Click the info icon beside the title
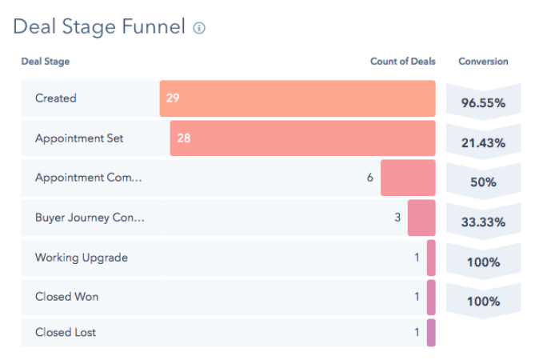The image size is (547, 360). pyautogui.click(x=199, y=28)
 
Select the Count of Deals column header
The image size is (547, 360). pyautogui.click(x=402, y=62)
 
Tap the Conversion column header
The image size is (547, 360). pyautogui.click(x=483, y=62)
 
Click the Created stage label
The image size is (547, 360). pyautogui.click(x=56, y=98)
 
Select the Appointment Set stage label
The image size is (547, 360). pyautogui.click(x=79, y=138)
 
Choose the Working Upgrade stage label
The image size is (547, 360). pyautogui.click(x=81, y=258)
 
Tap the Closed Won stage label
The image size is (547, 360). pyautogui.click(x=66, y=297)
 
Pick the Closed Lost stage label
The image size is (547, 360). pyautogui.click(x=66, y=332)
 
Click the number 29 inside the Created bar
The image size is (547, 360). pyautogui.click(x=174, y=98)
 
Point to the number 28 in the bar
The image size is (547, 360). pyautogui.click(x=184, y=138)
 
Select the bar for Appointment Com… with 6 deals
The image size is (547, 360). pyautogui.click(x=408, y=178)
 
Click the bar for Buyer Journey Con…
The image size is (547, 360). pyautogui.click(x=421, y=218)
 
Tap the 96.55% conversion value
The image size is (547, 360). pyautogui.click(x=483, y=103)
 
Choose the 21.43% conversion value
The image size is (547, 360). pyautogui.click(x=483, y=142)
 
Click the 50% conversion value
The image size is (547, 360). pyautogui.click(x=483, y=182)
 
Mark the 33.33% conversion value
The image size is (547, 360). pyautogui.click(x=483, y=222)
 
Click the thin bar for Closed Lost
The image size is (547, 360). pyautogui.click(x=431, y=333)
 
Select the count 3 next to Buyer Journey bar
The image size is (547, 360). pyautogui.click(x=397, y=218)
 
